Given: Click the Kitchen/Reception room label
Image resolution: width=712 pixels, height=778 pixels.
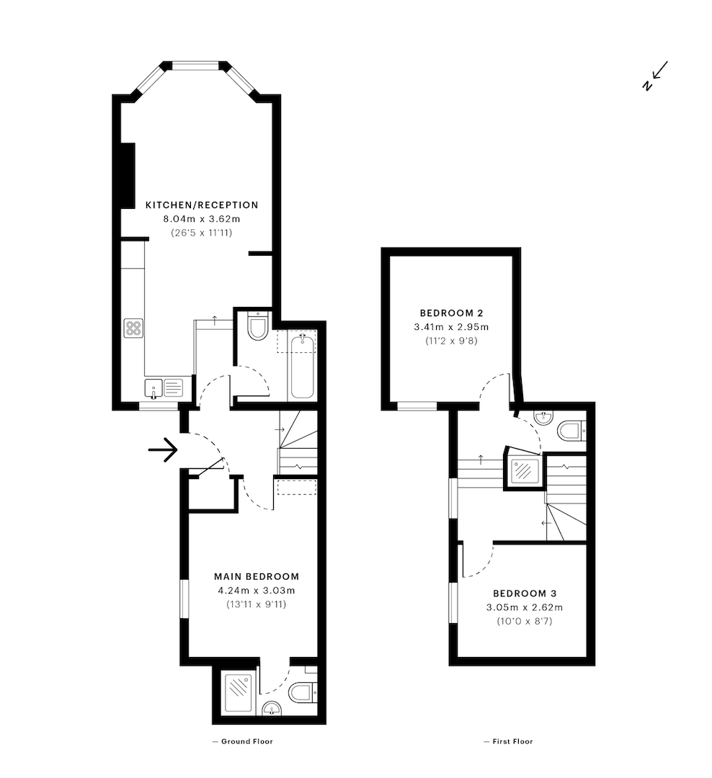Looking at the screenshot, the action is pos(202,205).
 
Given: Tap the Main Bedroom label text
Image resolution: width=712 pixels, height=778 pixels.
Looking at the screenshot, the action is pos(257,576).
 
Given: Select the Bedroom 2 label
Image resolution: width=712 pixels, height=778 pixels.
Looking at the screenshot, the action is pos(451,313).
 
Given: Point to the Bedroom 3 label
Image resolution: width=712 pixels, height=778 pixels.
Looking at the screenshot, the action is pos(525,594).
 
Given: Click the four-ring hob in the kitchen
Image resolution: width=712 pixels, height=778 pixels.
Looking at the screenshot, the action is pos(133,328).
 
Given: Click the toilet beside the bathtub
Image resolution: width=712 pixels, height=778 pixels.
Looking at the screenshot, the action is pos(258,326).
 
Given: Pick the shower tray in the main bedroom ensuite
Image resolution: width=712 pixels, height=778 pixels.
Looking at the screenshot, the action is pos(238,692).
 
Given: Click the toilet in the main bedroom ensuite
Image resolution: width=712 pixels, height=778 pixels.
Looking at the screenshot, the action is pos(302,692).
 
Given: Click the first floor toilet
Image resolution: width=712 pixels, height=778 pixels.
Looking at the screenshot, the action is pos(571,431).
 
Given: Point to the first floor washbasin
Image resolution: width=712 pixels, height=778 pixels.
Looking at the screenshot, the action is pos(544,419).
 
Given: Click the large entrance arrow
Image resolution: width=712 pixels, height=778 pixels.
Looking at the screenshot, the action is pos(163,450).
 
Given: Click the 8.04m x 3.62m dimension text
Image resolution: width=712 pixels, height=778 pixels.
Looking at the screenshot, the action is pos(202,219).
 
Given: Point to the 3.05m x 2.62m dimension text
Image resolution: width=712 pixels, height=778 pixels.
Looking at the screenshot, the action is pos(525,607).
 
